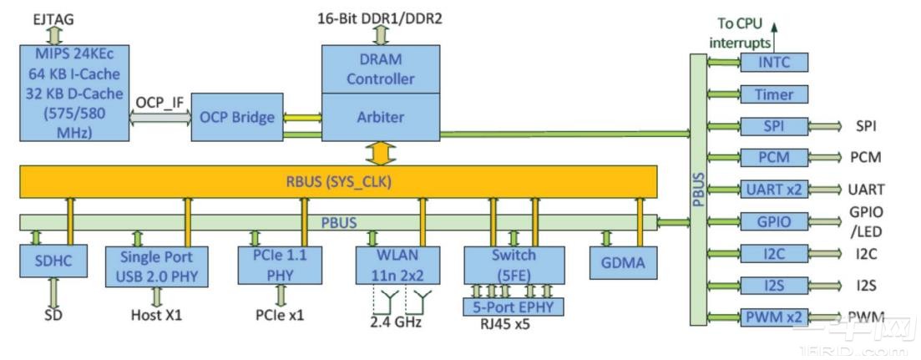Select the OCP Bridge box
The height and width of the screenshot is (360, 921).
[x=236, y=117]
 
